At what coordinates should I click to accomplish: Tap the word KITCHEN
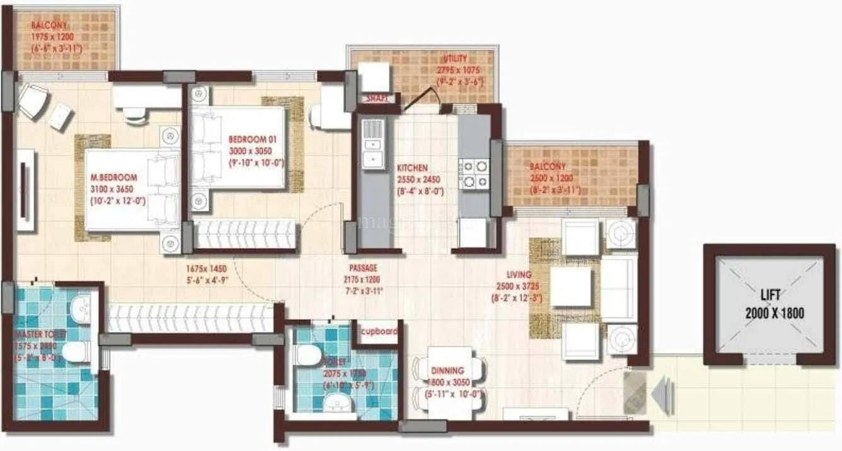pyautogui.click(x=412, y=168)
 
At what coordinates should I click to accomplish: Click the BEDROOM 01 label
pyautogui.click(x=252, y=139)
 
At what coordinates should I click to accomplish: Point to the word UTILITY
pyautogui.click(x=455, y=59)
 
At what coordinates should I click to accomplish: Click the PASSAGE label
pyautogui.click(x=364, y=268)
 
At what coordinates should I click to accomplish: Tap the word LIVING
pyautogui.click(x=519, y=275)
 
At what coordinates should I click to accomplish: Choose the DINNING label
pyautogui.click(x=448, y=371)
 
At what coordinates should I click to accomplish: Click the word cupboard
pyautogui.click(x=378, y=331)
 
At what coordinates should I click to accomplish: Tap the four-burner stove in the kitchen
pyautogui.click(x=474, y=174)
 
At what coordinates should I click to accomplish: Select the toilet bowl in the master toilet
pyautogui.click(x=76, y=351)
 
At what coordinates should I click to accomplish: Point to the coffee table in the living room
pyautogui.click(x=571, y=287)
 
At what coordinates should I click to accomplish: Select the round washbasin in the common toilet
pyautogui.click(x=338, y=402)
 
